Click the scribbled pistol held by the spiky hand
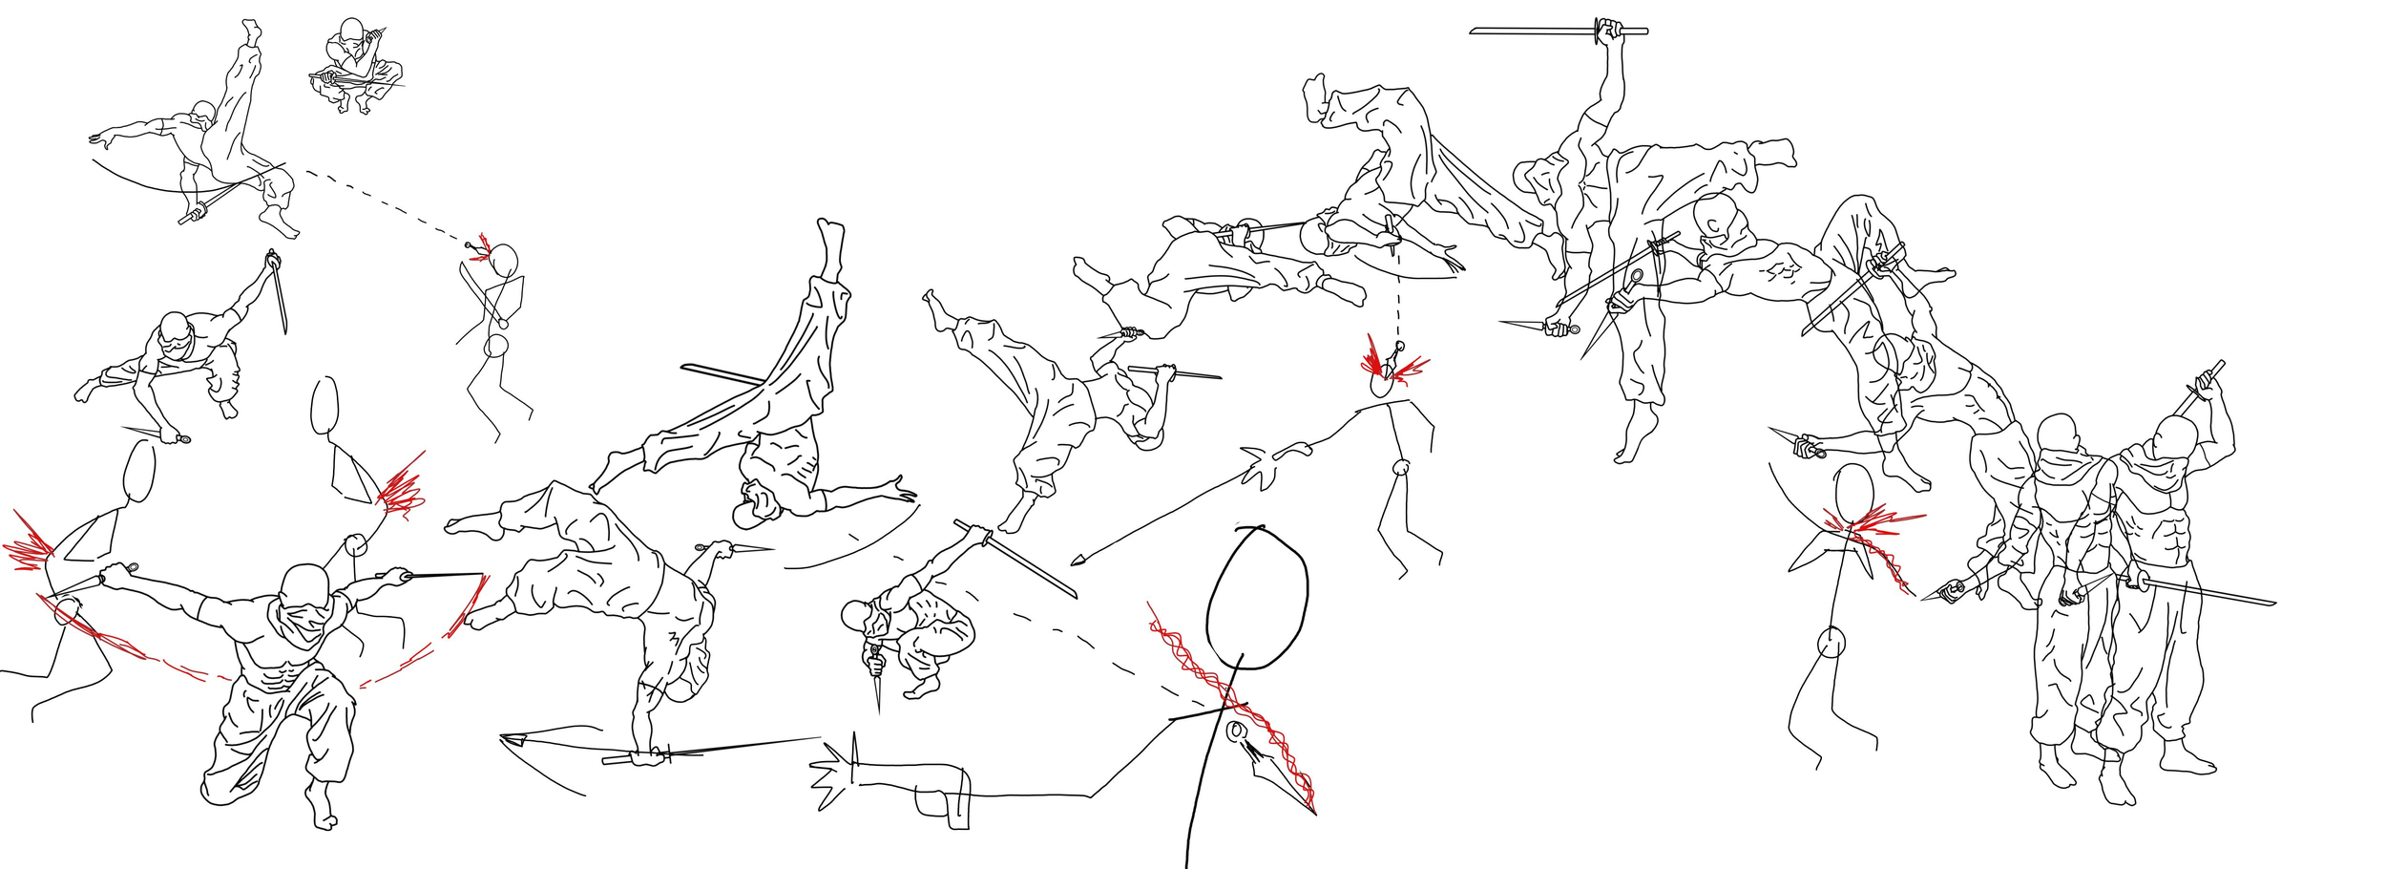940,789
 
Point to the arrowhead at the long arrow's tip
1078,560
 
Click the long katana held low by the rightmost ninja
2205,591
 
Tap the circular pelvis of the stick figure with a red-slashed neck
1830,644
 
